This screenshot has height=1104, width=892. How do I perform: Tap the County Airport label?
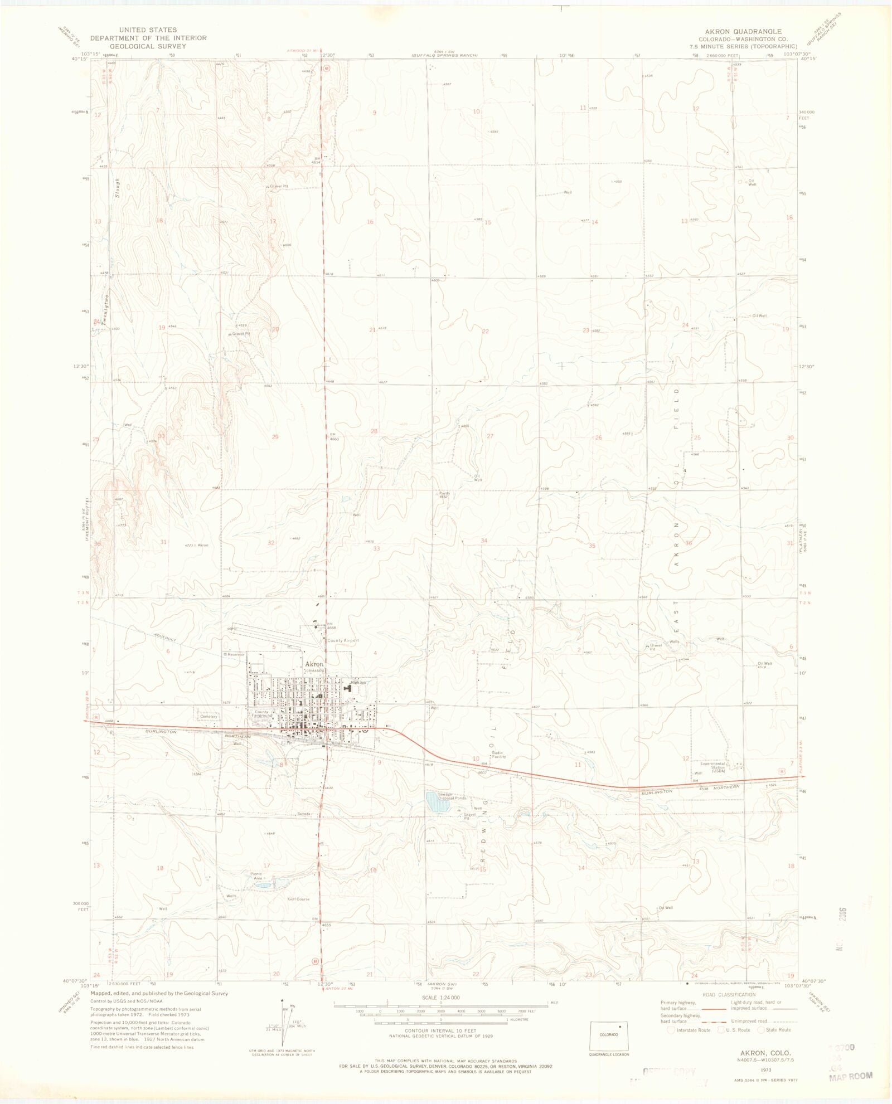[343, 641]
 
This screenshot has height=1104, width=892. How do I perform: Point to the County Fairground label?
[261, 713]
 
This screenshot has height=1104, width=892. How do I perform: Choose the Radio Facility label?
[498, 755]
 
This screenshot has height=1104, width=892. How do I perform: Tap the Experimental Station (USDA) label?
[718, 767]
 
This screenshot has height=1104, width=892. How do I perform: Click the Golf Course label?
[298, 899]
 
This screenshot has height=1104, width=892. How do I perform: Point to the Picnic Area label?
[257, 876]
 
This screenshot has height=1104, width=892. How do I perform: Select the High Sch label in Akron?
[358, 683]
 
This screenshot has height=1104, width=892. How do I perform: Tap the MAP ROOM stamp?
[850, 1077]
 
